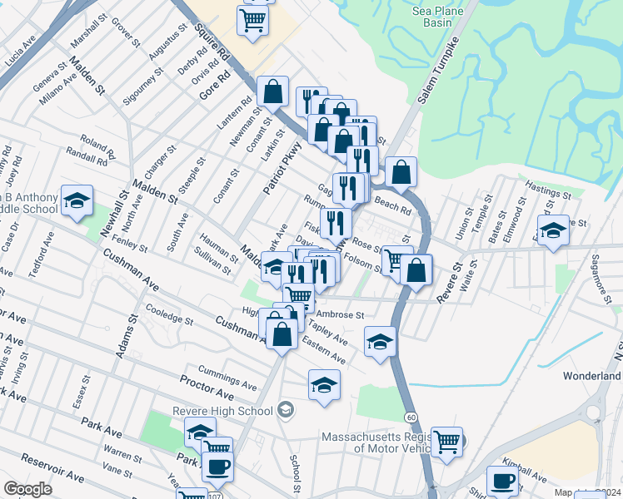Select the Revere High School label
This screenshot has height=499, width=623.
click(x=222, y=411)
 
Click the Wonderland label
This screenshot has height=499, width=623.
click(x=591, y=376)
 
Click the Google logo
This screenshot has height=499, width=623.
click(x=27, y=489)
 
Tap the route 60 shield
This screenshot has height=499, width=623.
click(x=411, y=416)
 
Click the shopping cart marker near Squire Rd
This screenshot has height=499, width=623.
click(x=253, y=19)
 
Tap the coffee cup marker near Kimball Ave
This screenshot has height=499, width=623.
click(x=502, y=480)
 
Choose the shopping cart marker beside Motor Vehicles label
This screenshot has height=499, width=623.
click(x=446, y=441)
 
